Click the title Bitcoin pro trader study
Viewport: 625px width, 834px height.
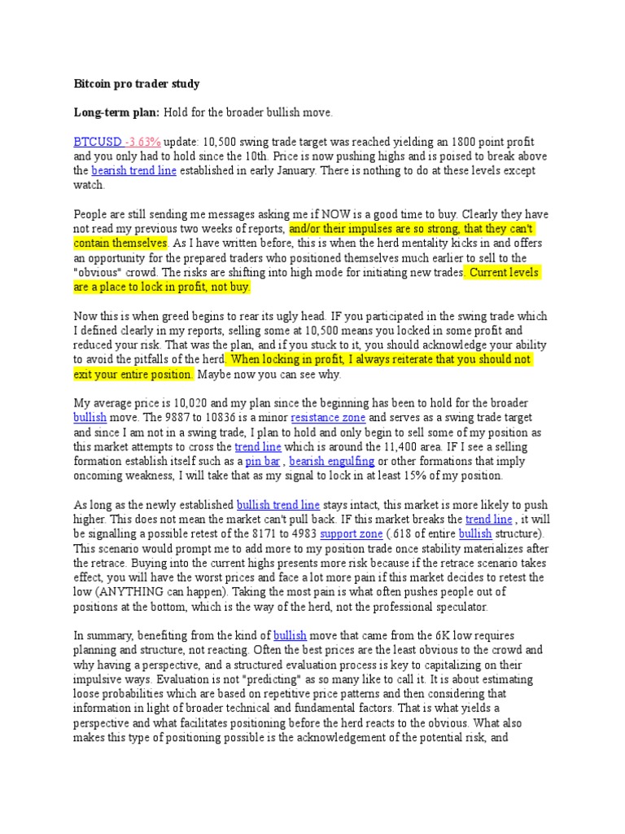(x=136, y=84)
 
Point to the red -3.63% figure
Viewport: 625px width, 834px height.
(x=145, y=142)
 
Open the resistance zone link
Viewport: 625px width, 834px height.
(x=331, y=418)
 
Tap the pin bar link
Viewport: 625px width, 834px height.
(x=263, y=462)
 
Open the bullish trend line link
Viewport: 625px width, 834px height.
(x=278, y=505)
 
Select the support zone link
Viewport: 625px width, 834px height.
(x=351, y=534)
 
